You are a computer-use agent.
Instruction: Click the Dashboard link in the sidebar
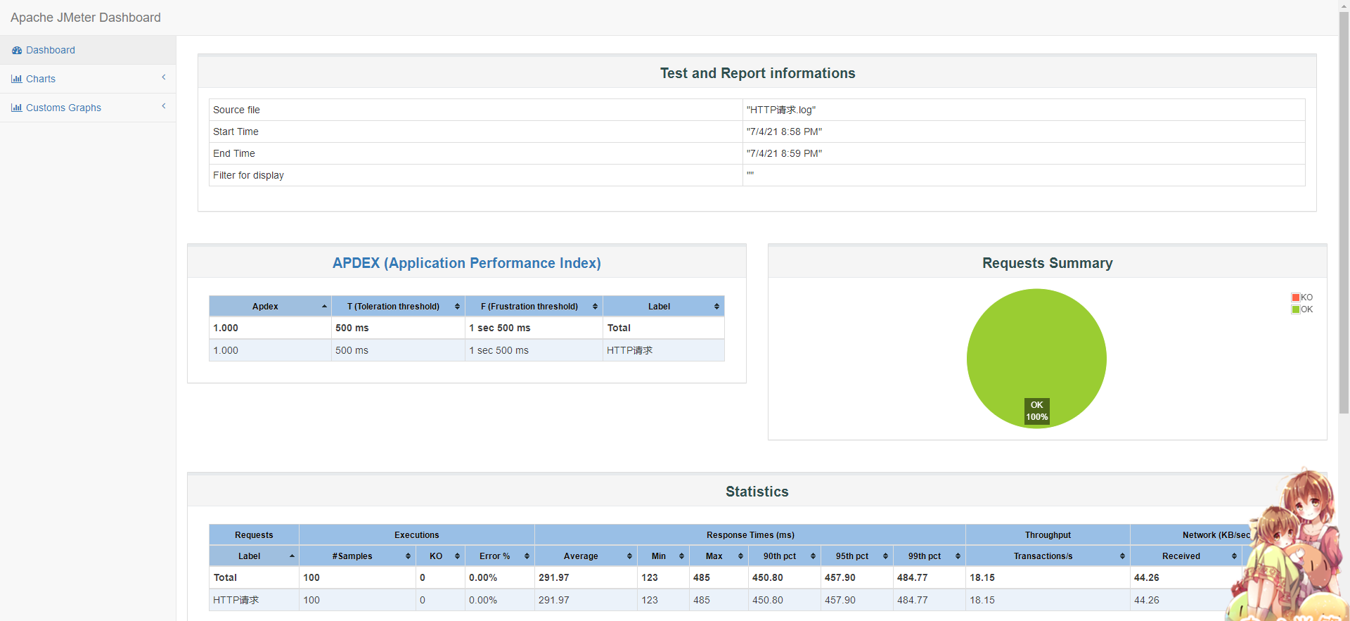(x=50, y=50)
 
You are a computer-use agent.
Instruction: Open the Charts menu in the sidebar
(x=40, y=79)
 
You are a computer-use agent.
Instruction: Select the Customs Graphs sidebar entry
(x=63, y=108)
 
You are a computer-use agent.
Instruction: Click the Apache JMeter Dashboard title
(x=86, y=18)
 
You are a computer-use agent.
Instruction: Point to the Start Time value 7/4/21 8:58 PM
(x=784, y=132)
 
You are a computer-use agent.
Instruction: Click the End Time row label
(x=234, y=153)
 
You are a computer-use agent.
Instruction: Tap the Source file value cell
(x=781, y=110)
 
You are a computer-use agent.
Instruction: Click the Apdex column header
(x=265, y=307)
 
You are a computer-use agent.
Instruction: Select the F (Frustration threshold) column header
(x=529, y=307)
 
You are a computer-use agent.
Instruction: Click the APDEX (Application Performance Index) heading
(x=466, y=263)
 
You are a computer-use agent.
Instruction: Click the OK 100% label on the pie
(x=1036, y=411)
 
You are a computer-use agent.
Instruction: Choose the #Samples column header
(x=352, y=556)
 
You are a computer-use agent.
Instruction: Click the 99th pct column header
(x=924, y=556)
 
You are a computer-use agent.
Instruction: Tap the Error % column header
(x=494, y=556)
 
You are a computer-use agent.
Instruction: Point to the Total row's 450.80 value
(x=767, y=577)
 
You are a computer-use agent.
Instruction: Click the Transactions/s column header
(x=1043, y=556)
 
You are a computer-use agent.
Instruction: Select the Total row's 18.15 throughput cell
(x=982, y=577)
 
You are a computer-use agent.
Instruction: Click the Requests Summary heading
(x=1047, y=263)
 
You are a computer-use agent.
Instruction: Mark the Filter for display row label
(x=248, y=175)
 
